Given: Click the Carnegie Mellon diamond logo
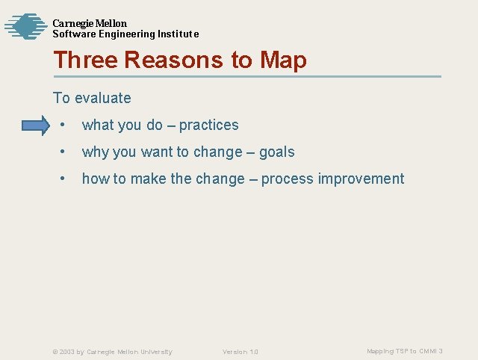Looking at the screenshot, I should (25, 27).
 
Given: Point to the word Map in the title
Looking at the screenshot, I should (283, 60).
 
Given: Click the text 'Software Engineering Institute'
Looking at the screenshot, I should (125, 34).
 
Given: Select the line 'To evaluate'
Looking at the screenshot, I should (92, 98).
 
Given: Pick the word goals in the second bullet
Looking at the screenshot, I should (276, 152).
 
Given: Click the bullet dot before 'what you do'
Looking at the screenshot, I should (66, 125).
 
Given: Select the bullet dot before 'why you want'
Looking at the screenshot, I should (66, 152).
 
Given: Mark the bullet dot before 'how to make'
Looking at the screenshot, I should (66, 179).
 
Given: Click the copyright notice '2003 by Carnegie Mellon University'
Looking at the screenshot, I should (112, 351).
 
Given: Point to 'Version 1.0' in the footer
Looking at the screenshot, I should (240, 351).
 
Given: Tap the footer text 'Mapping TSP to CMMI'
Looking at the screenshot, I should (402, 351).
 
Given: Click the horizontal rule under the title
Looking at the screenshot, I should (246, 76).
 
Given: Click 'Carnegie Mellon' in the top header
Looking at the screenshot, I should (90, 23).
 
